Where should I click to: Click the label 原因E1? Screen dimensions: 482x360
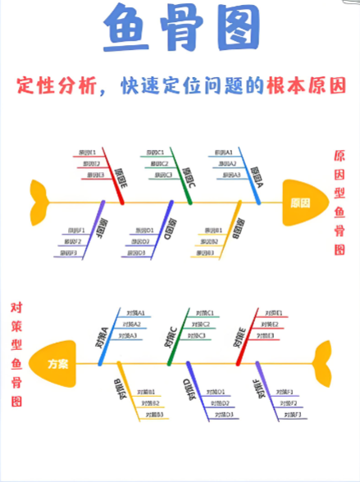coord(87,152)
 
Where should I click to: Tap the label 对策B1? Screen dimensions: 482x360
coord(146,393)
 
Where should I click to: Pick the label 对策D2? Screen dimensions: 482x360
coord(216,403)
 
